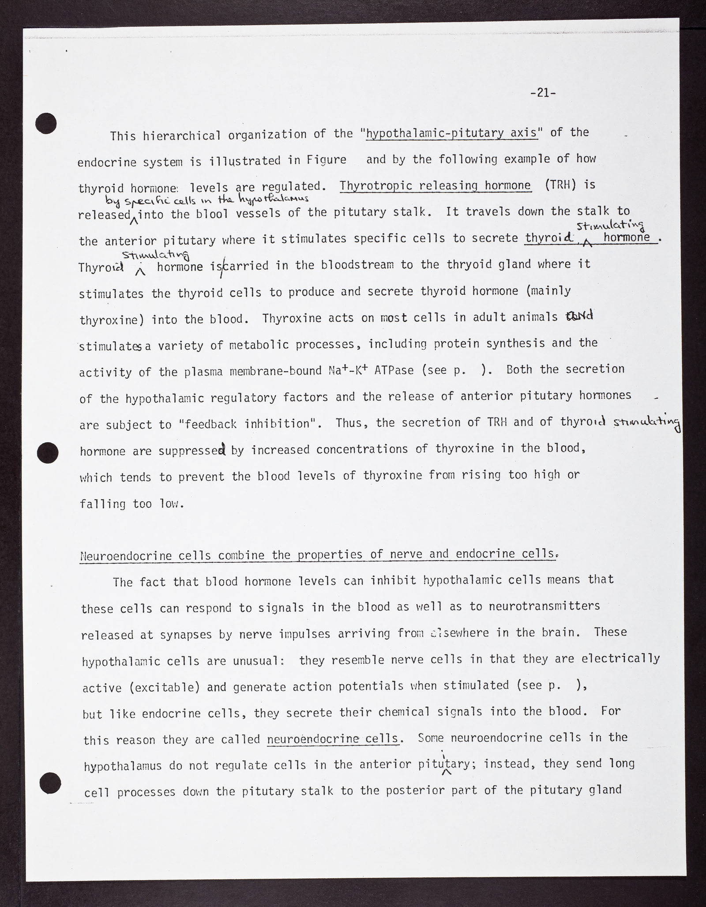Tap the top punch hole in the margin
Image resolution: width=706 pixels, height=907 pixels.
(46, 123)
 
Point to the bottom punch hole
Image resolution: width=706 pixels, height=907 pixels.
(49, 783)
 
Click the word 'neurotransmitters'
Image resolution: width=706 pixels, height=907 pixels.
(545, 606)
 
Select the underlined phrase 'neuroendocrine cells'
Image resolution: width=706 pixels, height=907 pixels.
(333, 739)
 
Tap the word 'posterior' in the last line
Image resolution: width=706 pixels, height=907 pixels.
(415, 790)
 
